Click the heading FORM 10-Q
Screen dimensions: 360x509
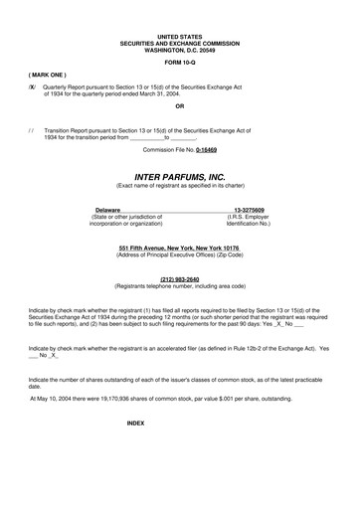[180, 64]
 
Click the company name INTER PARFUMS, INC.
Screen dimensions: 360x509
[179, 176]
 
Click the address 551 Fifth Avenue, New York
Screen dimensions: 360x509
[179, 247]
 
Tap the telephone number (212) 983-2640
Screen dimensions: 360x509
[179, 280]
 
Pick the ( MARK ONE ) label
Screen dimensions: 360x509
[48, 75]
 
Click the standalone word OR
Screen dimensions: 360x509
[179, 105]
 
